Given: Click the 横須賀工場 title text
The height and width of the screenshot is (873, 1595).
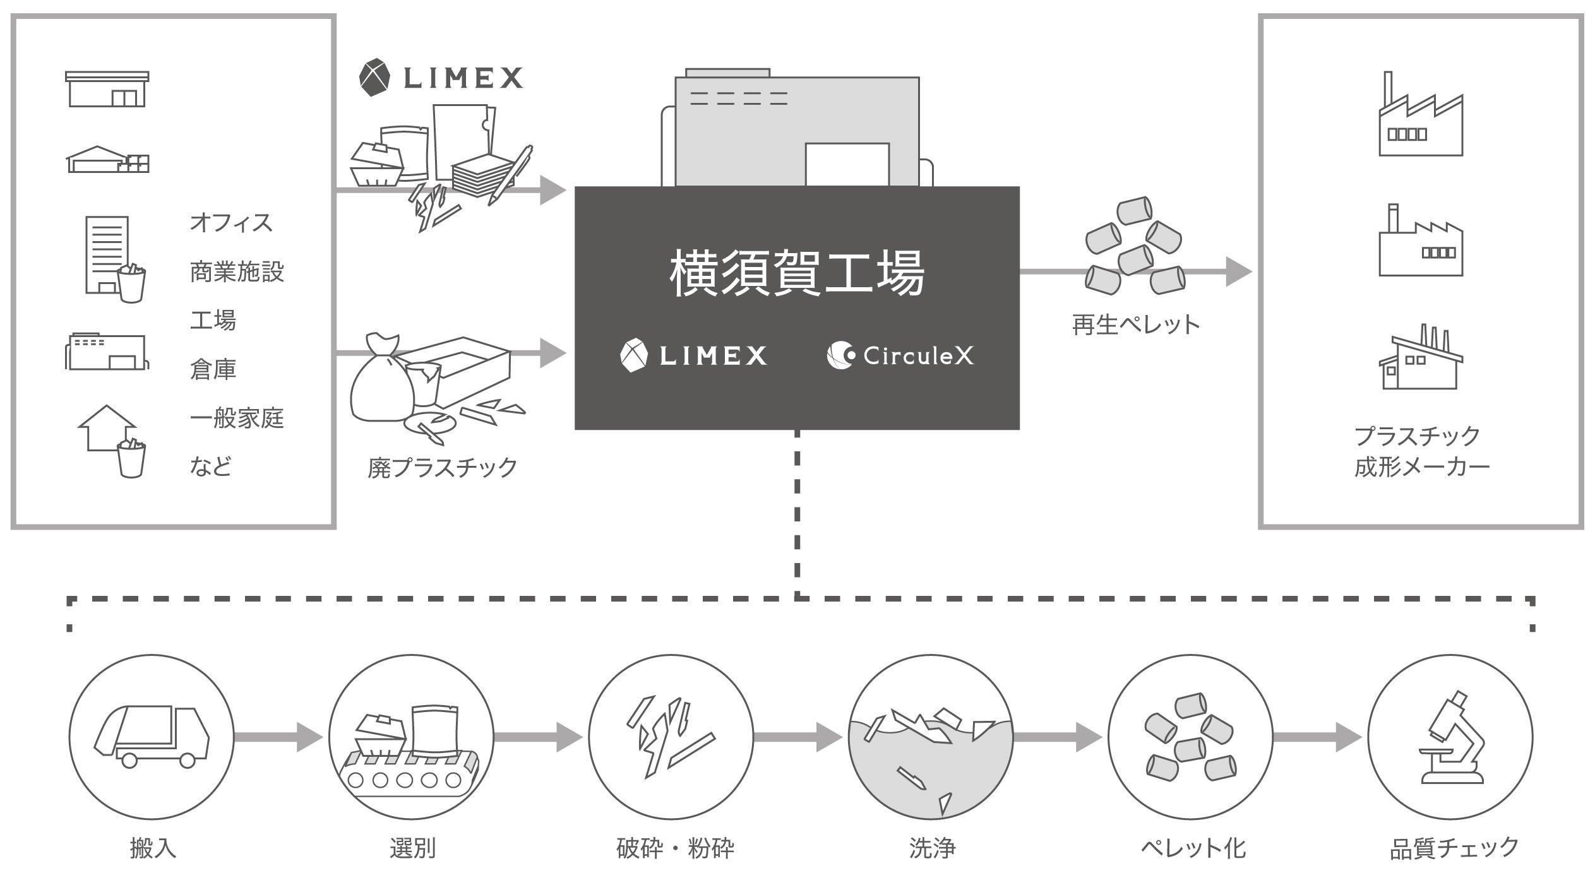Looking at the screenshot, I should coord(797,273).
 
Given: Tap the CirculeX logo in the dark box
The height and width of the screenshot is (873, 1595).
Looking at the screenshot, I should coord(900,355).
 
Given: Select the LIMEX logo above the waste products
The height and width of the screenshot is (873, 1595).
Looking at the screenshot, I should coord(441,78).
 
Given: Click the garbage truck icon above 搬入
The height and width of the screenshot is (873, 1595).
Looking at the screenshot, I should coord(152,736).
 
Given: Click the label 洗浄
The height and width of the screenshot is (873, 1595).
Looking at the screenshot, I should coord(932,848).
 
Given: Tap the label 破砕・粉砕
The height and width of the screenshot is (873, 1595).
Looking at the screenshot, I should coord(675,848).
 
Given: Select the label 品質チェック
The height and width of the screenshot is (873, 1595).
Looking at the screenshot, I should coord(1454,848).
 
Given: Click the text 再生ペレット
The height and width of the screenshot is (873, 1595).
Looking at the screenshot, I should coord(1135,324).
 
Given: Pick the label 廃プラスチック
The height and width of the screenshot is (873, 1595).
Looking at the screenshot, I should coord(443,468).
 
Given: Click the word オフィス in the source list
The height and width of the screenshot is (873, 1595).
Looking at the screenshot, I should coord(231,223).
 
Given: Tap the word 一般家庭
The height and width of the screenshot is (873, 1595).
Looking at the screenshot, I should coord(237,418).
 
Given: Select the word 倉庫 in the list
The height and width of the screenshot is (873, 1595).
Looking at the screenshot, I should coord(213,369).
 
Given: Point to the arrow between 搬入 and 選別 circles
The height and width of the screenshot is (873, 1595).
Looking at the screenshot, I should coord(278,737).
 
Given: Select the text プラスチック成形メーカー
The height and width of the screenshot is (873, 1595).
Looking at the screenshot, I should coord(1421,451).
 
